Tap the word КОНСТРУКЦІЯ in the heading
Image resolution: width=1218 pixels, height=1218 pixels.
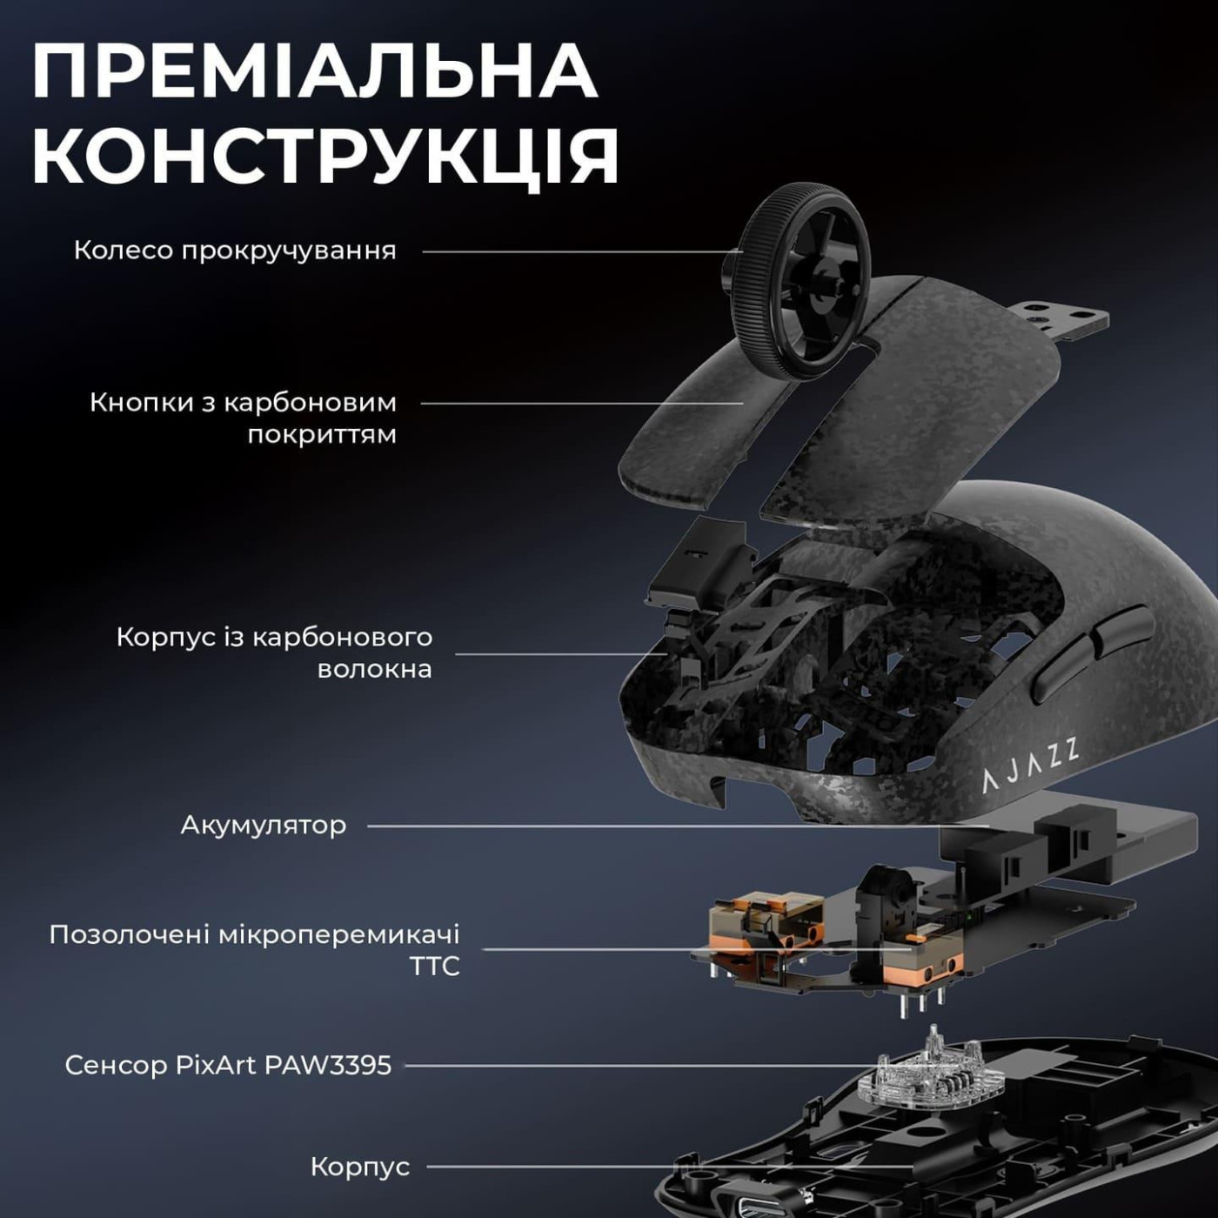[x=325, y=157]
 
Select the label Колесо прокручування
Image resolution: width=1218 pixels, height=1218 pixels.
[x=235, y=251]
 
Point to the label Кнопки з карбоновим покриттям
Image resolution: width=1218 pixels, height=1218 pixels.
[x=243, y=418]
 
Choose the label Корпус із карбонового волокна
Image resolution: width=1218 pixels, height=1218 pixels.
[x=274, y=652]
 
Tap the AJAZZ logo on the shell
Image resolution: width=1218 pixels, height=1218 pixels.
[x=1031, y=766]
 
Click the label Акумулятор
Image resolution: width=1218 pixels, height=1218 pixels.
[x=263, y=825]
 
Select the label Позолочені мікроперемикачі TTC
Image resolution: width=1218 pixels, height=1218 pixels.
[x=254, y=950]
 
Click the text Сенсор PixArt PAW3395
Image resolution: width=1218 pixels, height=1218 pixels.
[x=228, y=1065]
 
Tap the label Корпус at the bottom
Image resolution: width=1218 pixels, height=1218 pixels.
[x=359, y=1167]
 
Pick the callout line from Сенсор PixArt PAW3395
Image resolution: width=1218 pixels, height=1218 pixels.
[x=644, y=1065]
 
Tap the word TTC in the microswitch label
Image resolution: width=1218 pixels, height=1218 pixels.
[x=434, y=966]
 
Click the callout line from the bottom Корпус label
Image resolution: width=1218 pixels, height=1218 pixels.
[x=670, y=1167]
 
